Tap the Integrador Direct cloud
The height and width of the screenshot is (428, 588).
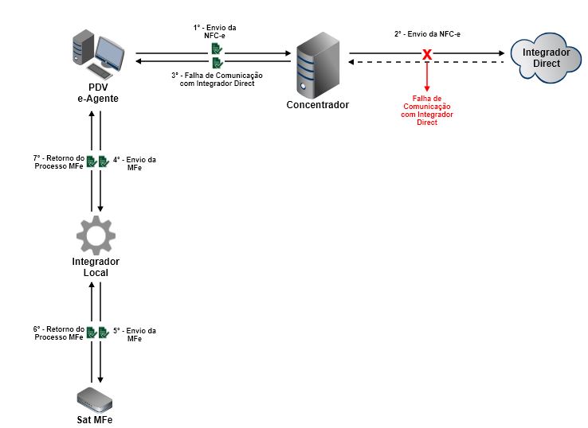coord(546,58)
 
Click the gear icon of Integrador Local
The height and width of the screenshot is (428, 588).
coord(96,235)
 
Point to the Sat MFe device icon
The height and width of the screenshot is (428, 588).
coord(96,397)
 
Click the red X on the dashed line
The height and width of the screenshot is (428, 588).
coord(427,55)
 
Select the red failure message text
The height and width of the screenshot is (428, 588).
coord(427,110)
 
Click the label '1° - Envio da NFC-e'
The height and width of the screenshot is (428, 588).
coord(215,31)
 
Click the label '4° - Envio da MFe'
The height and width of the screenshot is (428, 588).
coord(135,163)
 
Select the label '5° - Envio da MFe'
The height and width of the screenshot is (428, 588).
coord(135,334)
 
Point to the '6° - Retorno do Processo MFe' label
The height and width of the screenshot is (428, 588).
coord(58,333)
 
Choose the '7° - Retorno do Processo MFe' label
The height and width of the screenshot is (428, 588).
coord(58,161)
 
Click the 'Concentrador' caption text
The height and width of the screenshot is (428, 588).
coord(318,105)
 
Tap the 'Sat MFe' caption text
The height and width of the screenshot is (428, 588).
coord(95,419)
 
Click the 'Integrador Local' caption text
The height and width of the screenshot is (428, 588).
coord(96,267)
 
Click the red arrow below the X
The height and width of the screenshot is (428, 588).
coord(427,76)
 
